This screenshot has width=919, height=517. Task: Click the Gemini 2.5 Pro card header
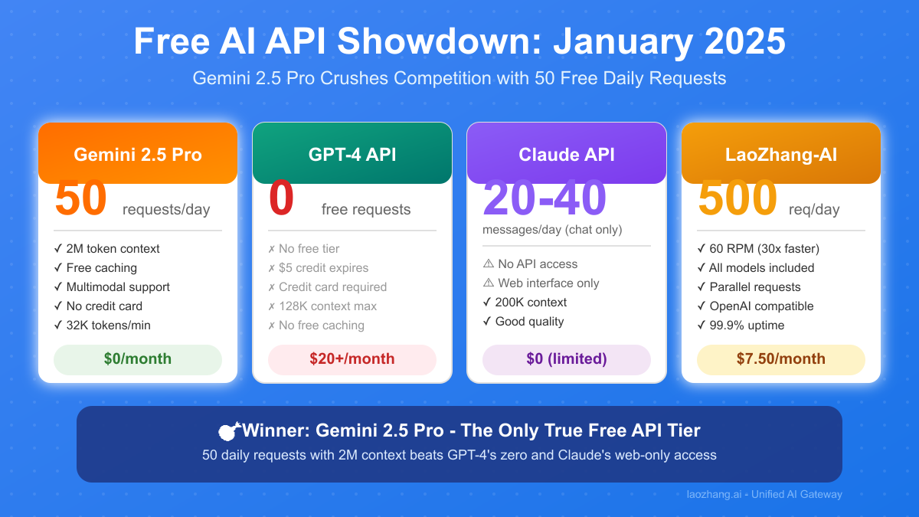pyautogui.click(x=138, y=153)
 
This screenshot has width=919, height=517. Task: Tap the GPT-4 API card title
pyautogui.click(x=352, y=155)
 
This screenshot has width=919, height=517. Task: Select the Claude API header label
pyautogui.click(x=567, y=155)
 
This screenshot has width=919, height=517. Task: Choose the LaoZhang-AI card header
pyautogui.click(x=781, y=153)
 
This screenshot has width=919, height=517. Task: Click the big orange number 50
pyautogui.click(x=81, y=198)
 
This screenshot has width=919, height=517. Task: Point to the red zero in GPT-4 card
pyautogui.click(x=282, y=198)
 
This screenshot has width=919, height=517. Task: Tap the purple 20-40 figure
pyautogui.click(x=545, y=198)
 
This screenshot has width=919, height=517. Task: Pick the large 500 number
pyautogui.click(x=737, y=198)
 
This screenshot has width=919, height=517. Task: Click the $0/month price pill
pyautogui.click(x=138, y=359)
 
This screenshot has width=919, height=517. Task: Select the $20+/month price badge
pyautogui.click(x=352, y=359)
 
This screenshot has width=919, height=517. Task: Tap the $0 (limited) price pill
pyautogui.click(x=567, y=359)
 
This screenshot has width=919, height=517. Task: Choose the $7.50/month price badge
pyautogui.click(x=781, y=359)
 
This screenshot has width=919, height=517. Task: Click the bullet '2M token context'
pyautogui.click(x=106, y=249)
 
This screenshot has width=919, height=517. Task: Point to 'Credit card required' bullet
pyautogui.click(x=328, y=286)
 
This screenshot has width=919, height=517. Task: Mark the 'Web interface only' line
pyautogui.click(x=541, y=283)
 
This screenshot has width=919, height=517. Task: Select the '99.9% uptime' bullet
pyautogui.click(x=741, y=326)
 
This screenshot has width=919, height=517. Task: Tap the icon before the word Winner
pyautogui.click(x=229, y=430)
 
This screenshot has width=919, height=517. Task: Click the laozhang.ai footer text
pyautogui.click(x=764, y=495)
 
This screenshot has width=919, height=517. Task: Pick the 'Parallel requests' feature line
pyautogui.click(x=749, y=286)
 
